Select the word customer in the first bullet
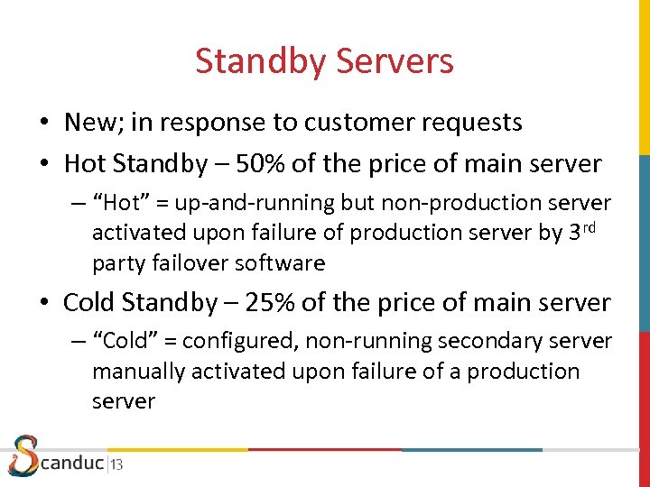click(x=344, y=122)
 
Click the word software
click(x=280, y=263)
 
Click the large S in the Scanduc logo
click(x=23, y=455)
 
